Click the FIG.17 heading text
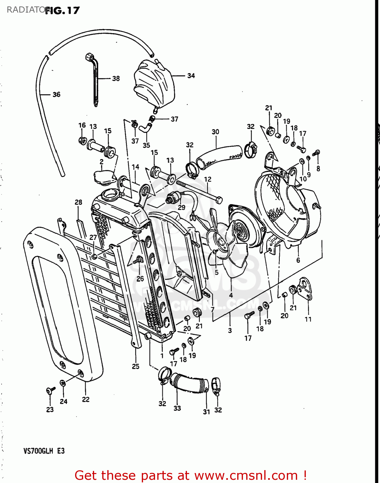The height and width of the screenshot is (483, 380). pos(62,11)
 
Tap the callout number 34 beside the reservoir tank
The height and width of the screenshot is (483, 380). pos(191,76)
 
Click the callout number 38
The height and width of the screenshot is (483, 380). pos(116,79)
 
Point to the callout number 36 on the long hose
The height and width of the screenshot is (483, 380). pos(56,94)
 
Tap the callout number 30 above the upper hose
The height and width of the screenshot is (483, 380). pos(215,132)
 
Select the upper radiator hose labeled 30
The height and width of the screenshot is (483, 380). pos(219,156)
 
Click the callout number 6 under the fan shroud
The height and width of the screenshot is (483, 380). pos(298,260)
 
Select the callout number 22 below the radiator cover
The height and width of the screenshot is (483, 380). pos(85,399)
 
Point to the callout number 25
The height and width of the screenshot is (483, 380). pos(136,366)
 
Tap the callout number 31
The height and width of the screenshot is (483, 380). pos(206,412)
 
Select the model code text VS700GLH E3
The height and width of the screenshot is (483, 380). pos(44,451)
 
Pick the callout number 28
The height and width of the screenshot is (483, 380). pos(78,202)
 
